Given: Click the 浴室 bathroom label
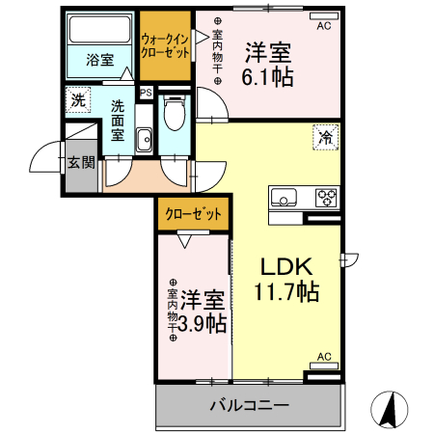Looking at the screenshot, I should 99,60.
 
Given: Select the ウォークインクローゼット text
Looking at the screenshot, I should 165,46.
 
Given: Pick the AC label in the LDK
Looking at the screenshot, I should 324,357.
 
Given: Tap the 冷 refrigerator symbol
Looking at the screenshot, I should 327,138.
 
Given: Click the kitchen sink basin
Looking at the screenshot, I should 285,200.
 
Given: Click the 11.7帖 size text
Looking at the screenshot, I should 286,290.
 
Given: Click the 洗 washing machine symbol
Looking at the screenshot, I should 77,97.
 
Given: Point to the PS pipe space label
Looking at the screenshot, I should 146,94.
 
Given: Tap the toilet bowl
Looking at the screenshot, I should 174,116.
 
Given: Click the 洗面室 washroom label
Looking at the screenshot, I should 119,120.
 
